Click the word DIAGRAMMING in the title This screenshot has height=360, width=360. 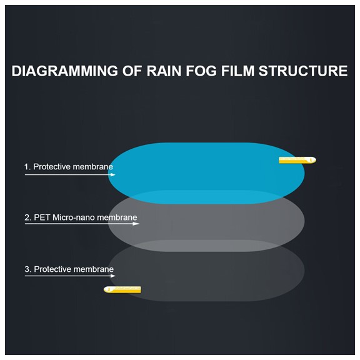click(x=65, y=71)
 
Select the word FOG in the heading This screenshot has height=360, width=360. click(x=201, y=71)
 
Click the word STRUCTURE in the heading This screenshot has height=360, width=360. click(x=303, y=71)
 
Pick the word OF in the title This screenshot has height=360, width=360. click(x=132, y=71)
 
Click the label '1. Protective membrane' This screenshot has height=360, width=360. click(x=69, y=167)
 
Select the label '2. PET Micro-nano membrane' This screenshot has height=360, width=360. click(x=81, y=217)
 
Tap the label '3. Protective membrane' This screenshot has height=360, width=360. click(x=69, y=269)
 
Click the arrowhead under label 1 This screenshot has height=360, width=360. click(x=113, y=175)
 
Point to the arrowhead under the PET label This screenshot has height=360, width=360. click(x=136, y=224)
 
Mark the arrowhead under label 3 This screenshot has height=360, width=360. click(x=113, y=276)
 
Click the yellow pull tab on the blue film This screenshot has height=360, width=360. click(x=297, y=160)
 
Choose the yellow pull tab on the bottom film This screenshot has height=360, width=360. click(x=122, y=290)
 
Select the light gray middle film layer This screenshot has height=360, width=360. click(x=206, y=226)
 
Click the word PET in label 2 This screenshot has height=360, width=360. click(x=42, y=217)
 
